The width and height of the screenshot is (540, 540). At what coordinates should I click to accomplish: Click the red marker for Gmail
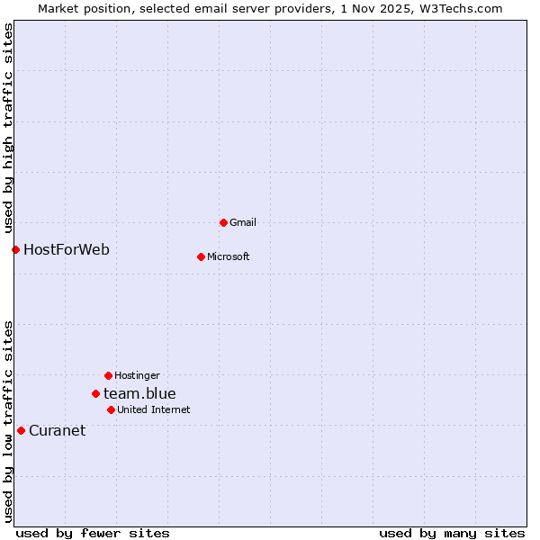(223, 222)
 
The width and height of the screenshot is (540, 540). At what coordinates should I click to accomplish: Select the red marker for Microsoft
(201, 256)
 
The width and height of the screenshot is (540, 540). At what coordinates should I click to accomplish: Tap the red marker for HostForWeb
(15, 249)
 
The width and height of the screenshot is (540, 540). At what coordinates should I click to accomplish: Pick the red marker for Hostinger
(108, 375)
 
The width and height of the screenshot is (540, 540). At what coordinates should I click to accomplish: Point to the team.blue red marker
(95, 393)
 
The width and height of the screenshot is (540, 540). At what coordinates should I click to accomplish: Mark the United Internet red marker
(111, 409)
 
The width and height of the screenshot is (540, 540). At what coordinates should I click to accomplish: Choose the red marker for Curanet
(21, 430)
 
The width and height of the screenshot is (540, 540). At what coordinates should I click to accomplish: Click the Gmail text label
(243, 222)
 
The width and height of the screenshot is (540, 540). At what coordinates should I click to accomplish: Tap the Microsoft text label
(229, 256)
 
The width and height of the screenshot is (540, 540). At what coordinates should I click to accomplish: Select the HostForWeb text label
(67, 249)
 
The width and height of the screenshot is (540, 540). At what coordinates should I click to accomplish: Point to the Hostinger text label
(137, 375)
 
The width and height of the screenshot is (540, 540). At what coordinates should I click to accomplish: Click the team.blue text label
(139, 393)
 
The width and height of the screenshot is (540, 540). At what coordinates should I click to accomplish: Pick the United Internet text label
(154, 409)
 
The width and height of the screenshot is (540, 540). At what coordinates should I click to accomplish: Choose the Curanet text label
(57, 430)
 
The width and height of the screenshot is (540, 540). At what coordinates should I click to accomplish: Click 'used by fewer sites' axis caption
(93, 533)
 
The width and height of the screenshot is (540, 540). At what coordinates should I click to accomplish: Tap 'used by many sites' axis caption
(452, 533)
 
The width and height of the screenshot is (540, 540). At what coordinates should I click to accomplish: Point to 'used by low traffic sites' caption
(8, 421)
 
